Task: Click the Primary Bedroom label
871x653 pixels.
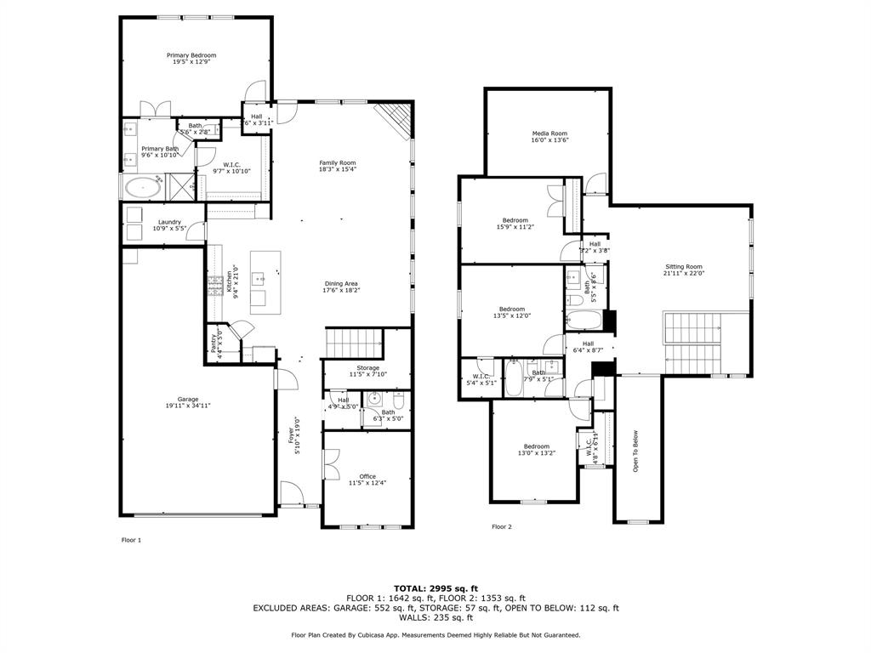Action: [x=191, y=56]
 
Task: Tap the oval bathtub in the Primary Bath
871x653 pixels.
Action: [x=143, y=188]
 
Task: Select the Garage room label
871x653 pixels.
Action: [x=188, y=400]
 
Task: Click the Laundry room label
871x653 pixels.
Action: [x=169, y=223]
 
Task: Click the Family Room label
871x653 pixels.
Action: [x=337, y=163]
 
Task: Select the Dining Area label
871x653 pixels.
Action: [x=340, y=284]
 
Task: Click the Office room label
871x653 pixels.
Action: [x=367, y=477]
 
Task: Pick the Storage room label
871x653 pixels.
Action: [x=368, y=368]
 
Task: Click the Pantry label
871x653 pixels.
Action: [x=213, y=342]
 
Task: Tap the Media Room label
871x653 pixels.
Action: [x=549, y=134]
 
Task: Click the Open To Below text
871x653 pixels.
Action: [x=635, y=451]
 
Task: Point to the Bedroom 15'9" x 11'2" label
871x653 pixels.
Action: [x=515, y=221]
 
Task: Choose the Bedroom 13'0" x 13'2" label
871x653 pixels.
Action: [x=536, y=447]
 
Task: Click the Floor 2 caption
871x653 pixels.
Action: [x=502, y=527]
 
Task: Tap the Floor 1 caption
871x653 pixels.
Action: [x=131, y=540]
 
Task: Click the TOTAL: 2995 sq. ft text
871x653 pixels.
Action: [x=435, y=588]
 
